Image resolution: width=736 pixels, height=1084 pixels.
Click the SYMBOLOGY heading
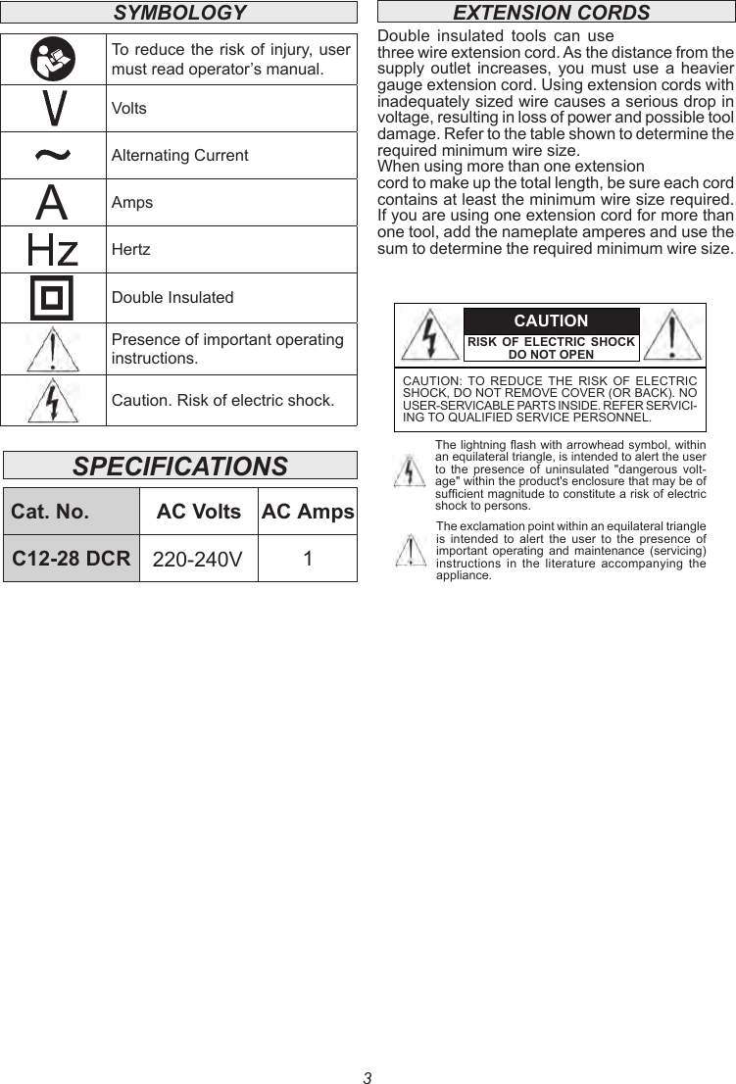pos(179,13)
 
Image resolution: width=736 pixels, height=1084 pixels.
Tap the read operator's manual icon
pos(53,59)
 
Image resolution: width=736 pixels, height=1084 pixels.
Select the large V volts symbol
pos(53,108)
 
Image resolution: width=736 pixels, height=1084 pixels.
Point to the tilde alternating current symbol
pos(53,155)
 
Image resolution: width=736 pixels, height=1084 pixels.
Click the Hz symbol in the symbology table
pos(53,250)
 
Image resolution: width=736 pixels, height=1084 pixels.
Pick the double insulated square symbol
pos(53,298)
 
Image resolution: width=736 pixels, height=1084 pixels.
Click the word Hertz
pos(131,250)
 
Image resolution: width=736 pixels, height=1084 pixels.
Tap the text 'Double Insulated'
pos(172,298)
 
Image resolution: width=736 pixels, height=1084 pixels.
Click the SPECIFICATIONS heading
pos(180,466)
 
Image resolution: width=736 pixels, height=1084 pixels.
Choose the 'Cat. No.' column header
pos(50,512)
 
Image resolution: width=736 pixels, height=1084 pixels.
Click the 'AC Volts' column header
pos(199,512)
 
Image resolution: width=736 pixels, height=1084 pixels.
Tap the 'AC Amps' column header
pos(308,512)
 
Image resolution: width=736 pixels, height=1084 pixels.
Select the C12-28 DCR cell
pos(72,559)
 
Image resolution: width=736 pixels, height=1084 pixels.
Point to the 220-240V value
pos(198,560)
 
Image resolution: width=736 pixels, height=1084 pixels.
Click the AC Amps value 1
pos(308,559)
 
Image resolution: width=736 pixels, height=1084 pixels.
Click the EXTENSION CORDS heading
pos(551,13)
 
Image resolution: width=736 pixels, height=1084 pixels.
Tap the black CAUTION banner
pos(551,321)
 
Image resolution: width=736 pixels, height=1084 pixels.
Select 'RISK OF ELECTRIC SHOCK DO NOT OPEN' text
pos(551,348)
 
